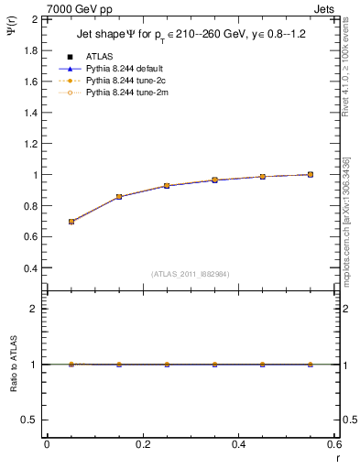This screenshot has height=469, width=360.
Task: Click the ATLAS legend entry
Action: pos(98,57)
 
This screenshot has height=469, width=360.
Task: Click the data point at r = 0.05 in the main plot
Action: pos(71,222)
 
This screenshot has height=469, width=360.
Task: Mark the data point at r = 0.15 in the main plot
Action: pos(119,197)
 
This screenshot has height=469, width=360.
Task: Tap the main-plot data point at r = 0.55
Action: pos(311,174)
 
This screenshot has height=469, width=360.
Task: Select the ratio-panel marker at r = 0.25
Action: pos(167,365)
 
